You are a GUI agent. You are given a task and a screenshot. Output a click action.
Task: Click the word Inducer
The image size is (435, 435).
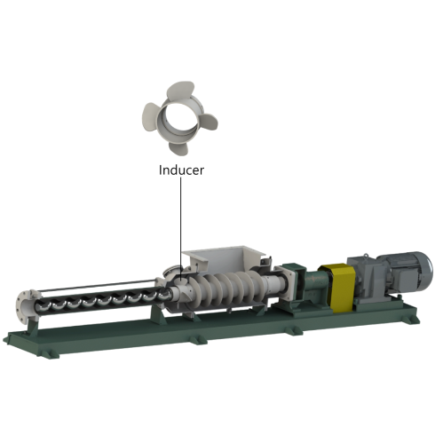click(x=181, y=170)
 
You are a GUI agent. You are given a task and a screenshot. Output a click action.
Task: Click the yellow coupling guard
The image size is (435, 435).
click(x=340, y=287)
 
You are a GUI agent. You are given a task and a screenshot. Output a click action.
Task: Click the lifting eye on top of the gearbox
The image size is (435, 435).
click(x=366, y=256)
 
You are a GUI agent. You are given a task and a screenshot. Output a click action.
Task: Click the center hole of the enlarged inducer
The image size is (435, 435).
click(x=180, y=118)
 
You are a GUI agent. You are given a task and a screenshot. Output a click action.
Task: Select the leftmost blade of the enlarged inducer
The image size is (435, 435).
click(x=151, y=116)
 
